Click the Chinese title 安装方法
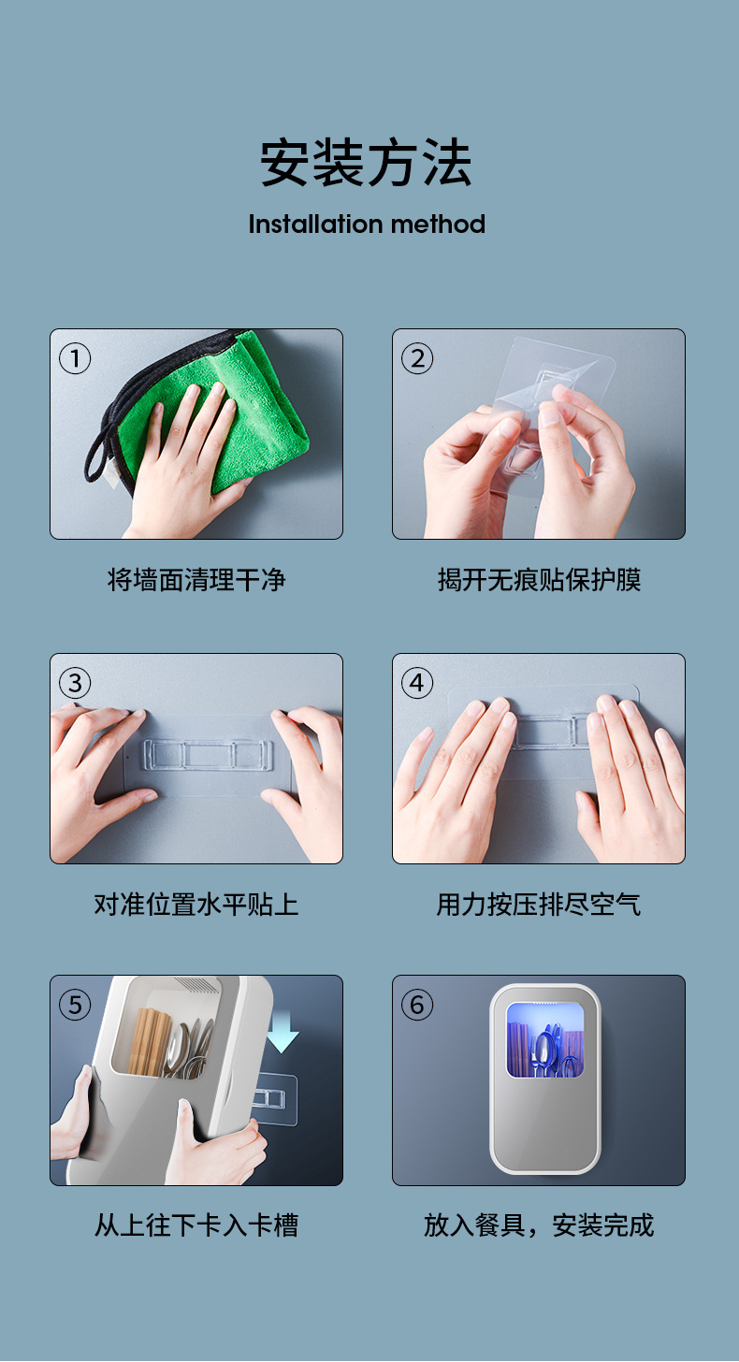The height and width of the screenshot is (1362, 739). pyautogui.click(x=366, y=163)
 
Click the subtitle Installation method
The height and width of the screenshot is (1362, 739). pyautogui.click(x=367, y=225)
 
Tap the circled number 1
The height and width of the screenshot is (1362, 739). pyautogui.click(x=75, y=358)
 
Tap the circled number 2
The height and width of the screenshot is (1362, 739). pyautogui.click(x=417, y=358)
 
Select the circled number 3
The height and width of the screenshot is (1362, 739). pyautogui.click(x=75, y=683)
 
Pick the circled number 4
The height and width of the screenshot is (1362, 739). pyautogui.click(x=417, y=683)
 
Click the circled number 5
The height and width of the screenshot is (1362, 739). pyautogui.click(x=75, y=1005)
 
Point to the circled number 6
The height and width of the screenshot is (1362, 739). pyautogui.click(x=417, y=1005)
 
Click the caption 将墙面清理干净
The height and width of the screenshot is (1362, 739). pyautogui.click(x=196, y=580)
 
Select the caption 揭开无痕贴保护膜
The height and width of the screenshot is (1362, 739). pyautogui.click(x=539, y=580)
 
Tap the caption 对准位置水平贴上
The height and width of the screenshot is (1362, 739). pyautogui.click(x=196, y=905)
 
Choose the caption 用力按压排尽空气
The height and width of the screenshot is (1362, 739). pyautogui.click(x=539, y=905)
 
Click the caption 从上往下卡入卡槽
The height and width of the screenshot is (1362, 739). pyautogui.click(x=196, y=1225)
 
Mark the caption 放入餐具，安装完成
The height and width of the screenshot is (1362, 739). pyautogui.click(x=539, y=1225)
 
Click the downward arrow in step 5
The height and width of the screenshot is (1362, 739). pyautogui.click(x=282, y=1033)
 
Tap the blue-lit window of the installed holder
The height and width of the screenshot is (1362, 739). pyautogui.click(x=544, y=1040)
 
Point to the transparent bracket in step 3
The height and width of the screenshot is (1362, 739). pyautogui.click(x=208, y=753)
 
